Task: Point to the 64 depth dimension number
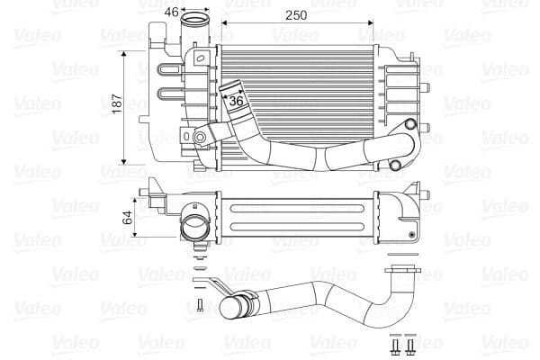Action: pyautogui.click(x=128, y=216)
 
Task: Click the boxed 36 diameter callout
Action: pyautogui.click(x=237, y=102)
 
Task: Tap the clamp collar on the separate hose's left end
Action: pyautogui.click(x=236, y=309)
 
